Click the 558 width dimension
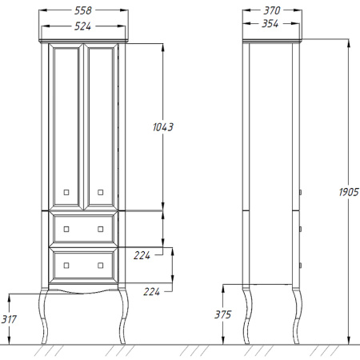point(83,10)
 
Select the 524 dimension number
point(82,26)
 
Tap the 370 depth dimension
point(272,10)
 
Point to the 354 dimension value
point(270,24)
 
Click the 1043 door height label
point(163,127)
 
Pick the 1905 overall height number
point(349,192)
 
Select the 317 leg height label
point(9,319)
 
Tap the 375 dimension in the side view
point(222,314)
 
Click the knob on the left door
point(66,192)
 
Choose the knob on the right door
point(101,192)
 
